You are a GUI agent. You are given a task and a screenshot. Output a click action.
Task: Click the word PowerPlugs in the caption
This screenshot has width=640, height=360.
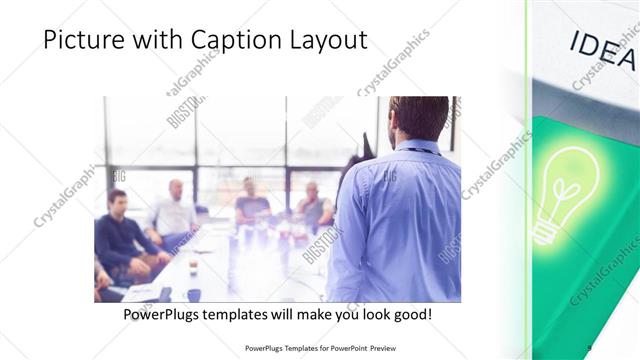pyautogui.click(x=162, y=314)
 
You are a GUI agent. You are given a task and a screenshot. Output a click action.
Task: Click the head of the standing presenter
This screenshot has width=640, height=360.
pyautogui.click(x=419, y=117)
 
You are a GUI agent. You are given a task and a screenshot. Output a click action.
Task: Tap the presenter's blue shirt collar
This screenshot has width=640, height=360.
pyautogui.click(x=420, y=146)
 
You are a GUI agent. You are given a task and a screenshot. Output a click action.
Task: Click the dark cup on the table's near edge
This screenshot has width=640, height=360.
pyautogui.click(x=194, y=295)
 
